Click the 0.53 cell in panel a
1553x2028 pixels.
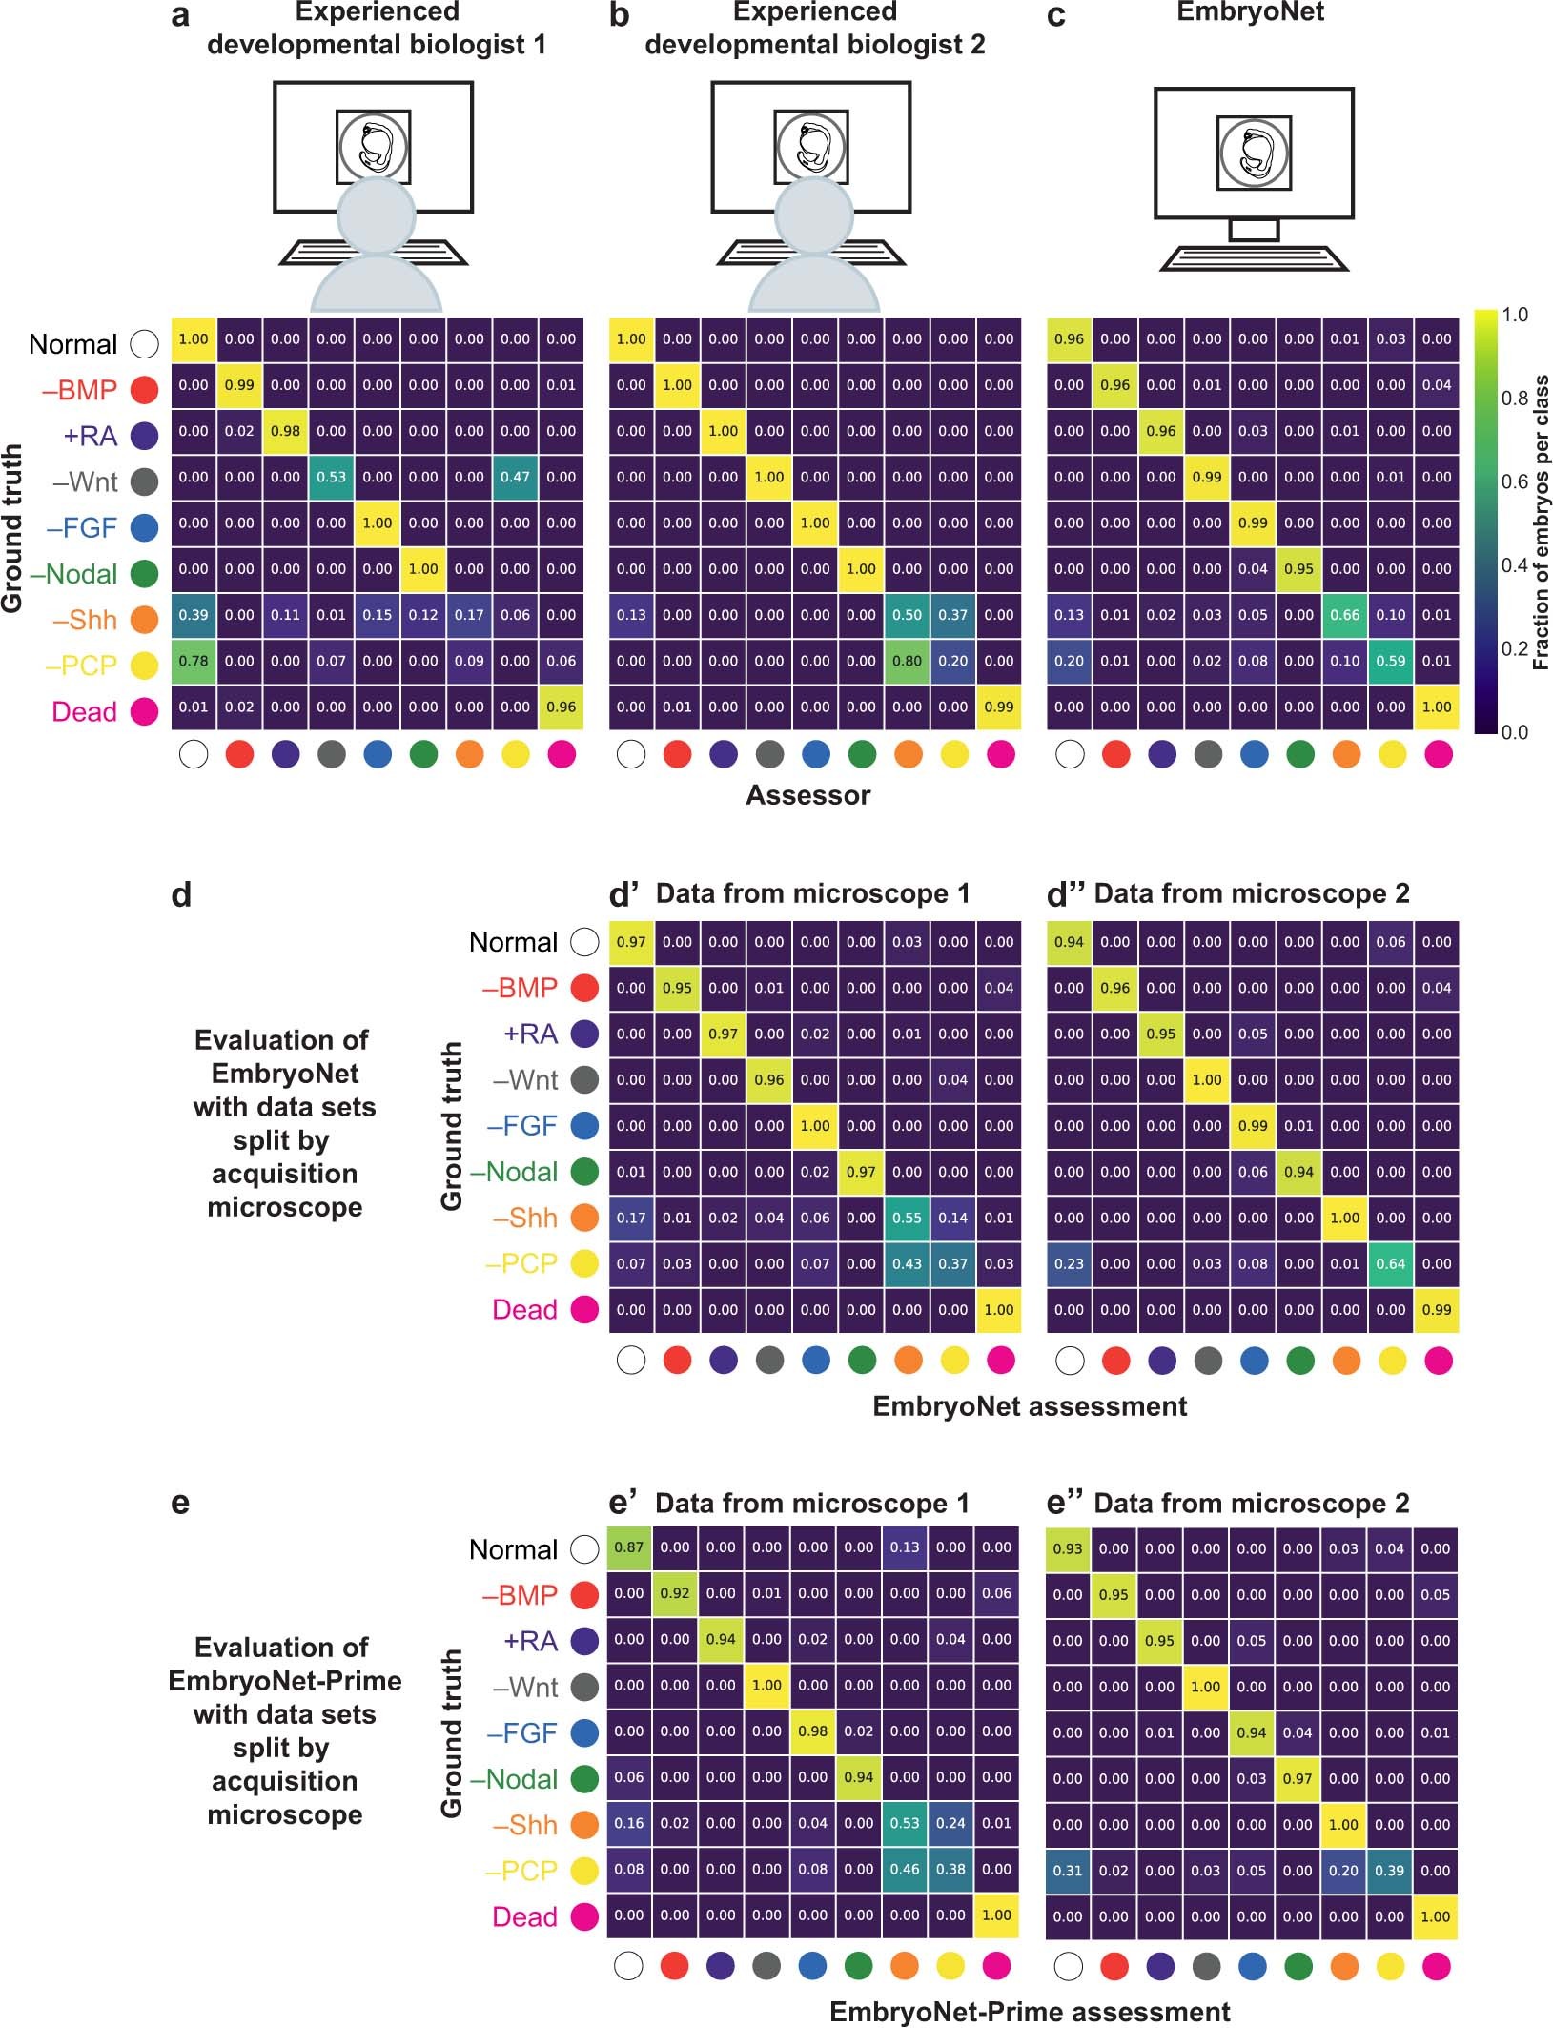pyautogui.click(x=331, y=477)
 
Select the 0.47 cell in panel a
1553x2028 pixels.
pyautogui.click(x=515, y=477)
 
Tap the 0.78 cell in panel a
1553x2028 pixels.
pyautogui.click(x=194, y=661)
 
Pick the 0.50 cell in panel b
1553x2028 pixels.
pyautogui.click(x=907, y=615)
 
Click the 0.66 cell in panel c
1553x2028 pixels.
pyautogui.click(x=1344, y=615)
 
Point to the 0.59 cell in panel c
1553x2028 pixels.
pyautogui.click(x=1390, y=661)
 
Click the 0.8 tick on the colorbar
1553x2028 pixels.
pyautogui.click(x=1515, y=399)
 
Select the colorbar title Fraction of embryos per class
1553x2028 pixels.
pyautogui.click(x=1541, y=522)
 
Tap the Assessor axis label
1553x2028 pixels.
pyautogui.click(x=807, y=795)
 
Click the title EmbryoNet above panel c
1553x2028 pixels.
pyautogui.click(x=1250, y=12)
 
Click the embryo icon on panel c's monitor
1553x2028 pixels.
pyautogui.click(x=1254, y=153)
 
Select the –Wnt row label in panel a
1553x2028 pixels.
pyautogui.click(x=85, y=481)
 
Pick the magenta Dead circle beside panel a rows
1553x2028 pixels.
pyautogui.click(x=144, y=711)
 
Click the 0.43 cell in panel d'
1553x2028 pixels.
pyautogui.click(x=907, y=1263)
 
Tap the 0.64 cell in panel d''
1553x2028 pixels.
pyautogui.click(x=1390, y=1263)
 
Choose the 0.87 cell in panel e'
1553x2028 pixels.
pyautogui.click(x=629, y=1547)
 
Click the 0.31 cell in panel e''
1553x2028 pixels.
pyautogui.click(x=1068, y=1871)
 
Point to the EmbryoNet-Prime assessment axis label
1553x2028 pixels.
pyautogui.click(x=1030, y=2012)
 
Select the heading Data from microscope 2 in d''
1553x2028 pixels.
pyautogui.click(x=1251, y=893)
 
